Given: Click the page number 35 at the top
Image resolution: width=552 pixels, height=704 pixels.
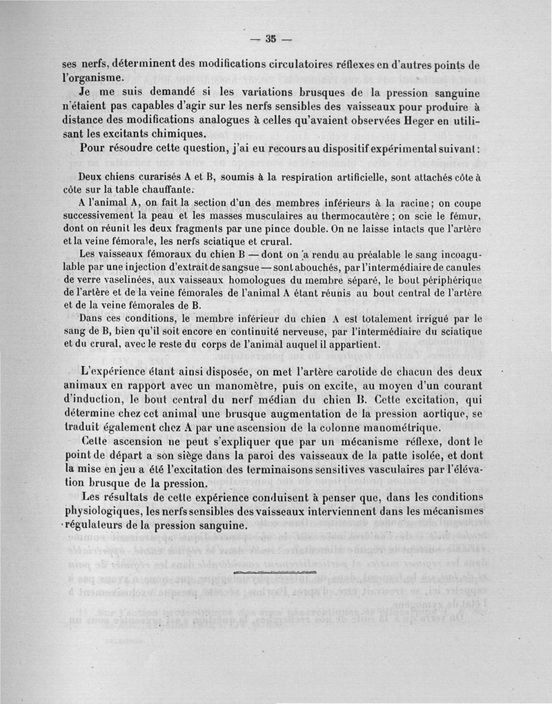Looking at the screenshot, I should coord(270,39).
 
